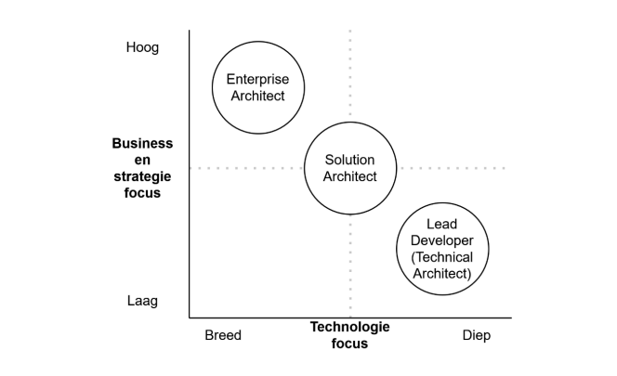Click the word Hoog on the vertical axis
142,47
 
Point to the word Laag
142,301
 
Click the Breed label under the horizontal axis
223,335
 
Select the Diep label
477,335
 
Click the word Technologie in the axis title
349,327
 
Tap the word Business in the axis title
142,143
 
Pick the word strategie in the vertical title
142,176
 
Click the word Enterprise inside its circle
257,79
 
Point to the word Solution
349,160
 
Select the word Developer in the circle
442,240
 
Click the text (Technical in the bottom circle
442,257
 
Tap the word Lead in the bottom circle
442,224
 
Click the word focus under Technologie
349,344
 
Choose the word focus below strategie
142,193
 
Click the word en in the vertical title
142,160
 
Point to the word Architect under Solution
349,176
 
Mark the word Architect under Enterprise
257,96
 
